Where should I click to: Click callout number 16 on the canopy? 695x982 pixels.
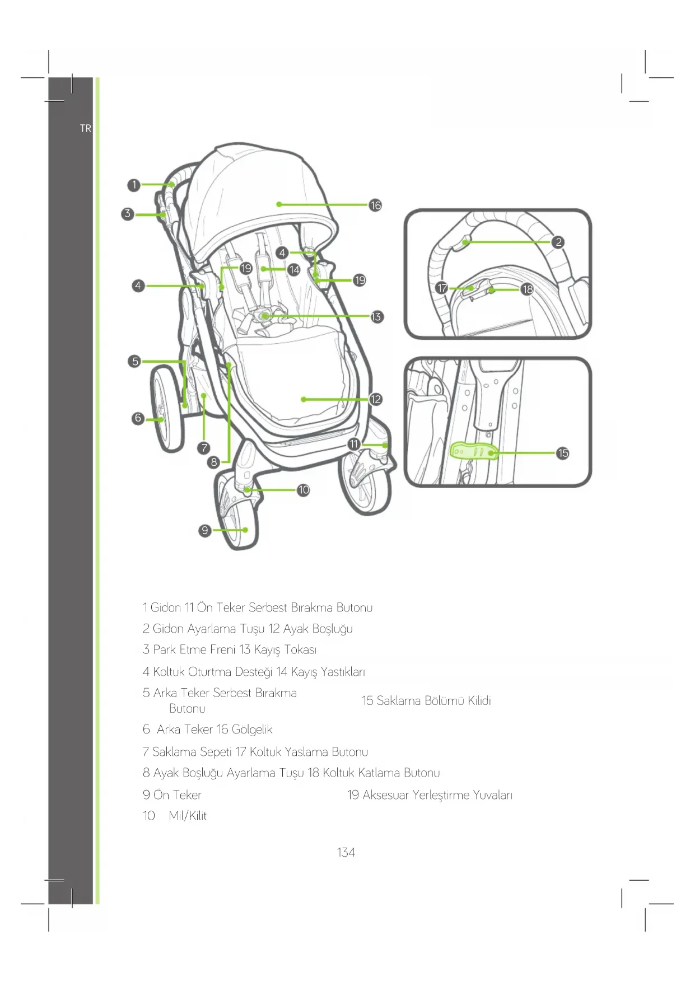coord(375,205)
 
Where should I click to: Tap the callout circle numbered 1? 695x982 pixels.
coord(133,185)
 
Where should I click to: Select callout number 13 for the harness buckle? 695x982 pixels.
coord(376,317)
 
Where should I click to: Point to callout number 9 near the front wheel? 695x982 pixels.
coord(205,530)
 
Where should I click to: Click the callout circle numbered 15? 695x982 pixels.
coord(563,453)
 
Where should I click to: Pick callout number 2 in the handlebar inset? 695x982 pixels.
coord(558,242)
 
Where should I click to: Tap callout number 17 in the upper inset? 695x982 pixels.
coord(442,288)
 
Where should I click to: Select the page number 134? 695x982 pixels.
coord(346,852)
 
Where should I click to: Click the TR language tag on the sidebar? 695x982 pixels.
coord(85,128)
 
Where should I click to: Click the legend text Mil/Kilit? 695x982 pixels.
coord(188,816)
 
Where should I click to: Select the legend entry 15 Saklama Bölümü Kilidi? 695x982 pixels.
coord(426,700)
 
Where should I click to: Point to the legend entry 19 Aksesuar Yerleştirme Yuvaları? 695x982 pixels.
coord(430,795)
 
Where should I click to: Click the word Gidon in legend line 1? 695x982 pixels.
coord(166,607)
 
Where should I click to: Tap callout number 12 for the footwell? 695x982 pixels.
coord(375,399)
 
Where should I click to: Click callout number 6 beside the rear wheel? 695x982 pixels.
coord(138,418)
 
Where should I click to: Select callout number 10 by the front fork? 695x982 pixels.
coord(303,490)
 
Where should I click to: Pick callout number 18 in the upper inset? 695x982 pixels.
coord(527,289)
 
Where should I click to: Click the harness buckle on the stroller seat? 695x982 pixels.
coord(264,316)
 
